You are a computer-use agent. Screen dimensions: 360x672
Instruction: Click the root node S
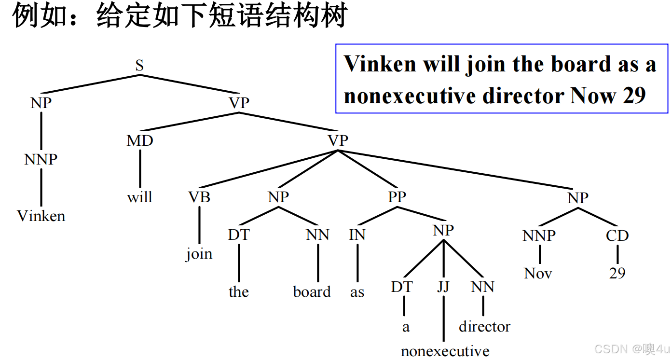click(139, 65)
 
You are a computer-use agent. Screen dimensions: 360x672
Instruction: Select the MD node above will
click(140, 140)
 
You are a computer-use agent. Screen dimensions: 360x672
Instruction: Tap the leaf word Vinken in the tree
click(41, 216)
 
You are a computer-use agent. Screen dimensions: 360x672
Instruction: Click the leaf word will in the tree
click(139, 197)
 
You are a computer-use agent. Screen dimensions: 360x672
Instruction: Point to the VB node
click(199, 197)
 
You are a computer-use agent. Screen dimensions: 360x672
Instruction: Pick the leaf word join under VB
click(199, 254)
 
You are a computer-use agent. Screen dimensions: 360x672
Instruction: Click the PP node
click(397, 197)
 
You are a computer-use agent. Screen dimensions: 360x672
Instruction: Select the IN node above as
click(357, 235)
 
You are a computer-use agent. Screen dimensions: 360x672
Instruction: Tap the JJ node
click(443, 287)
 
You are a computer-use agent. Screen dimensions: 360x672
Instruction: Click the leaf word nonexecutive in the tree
click(445, 351)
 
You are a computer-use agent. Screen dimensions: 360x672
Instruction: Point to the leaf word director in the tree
click(484, 327)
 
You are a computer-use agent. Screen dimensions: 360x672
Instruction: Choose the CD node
click(617, 235)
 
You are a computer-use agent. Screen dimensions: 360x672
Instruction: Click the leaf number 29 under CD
click(617, 273)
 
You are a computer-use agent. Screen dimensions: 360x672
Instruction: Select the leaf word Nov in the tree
click(538, 274)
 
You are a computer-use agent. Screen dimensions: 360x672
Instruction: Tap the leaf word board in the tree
click(312, 292)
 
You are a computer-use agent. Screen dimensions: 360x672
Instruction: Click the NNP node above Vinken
click(41, 159)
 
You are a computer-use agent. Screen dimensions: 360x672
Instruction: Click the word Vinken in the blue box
click(380, 64)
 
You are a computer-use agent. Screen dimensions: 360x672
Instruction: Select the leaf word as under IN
click(357, 292)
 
